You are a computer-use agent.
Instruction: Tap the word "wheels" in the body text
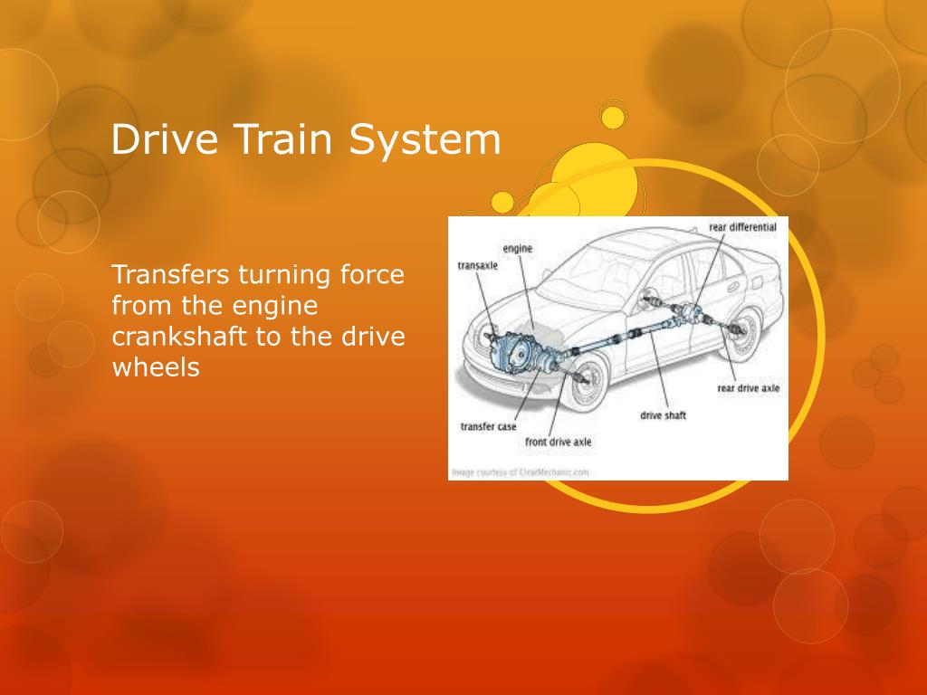point(155,367)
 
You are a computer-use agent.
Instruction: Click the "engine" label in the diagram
point(517,248)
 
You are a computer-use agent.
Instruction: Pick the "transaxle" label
point(478,266)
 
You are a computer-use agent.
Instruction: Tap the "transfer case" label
point(488,426)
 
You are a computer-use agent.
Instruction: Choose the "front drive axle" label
point(559,443)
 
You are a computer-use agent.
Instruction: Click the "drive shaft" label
point(664,415)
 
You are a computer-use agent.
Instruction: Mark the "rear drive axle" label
point(748,387)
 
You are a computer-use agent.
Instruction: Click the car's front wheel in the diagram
point(587,382)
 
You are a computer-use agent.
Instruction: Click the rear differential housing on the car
point(693,313)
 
